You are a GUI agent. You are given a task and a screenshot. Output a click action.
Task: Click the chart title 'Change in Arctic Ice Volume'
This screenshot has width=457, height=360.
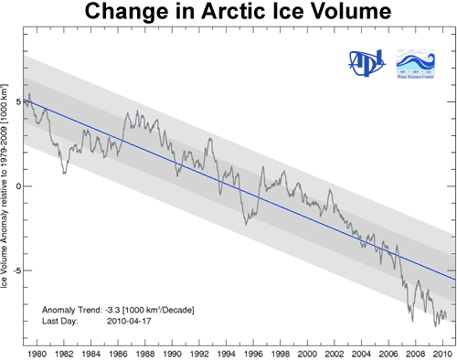coord(228,15)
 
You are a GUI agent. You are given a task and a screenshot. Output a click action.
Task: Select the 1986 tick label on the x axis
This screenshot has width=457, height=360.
coord(118,353)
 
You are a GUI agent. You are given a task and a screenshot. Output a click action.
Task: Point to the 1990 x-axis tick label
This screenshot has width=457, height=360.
coord(172,353)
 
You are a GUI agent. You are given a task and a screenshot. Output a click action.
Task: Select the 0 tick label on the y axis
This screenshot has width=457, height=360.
coord(17,185)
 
